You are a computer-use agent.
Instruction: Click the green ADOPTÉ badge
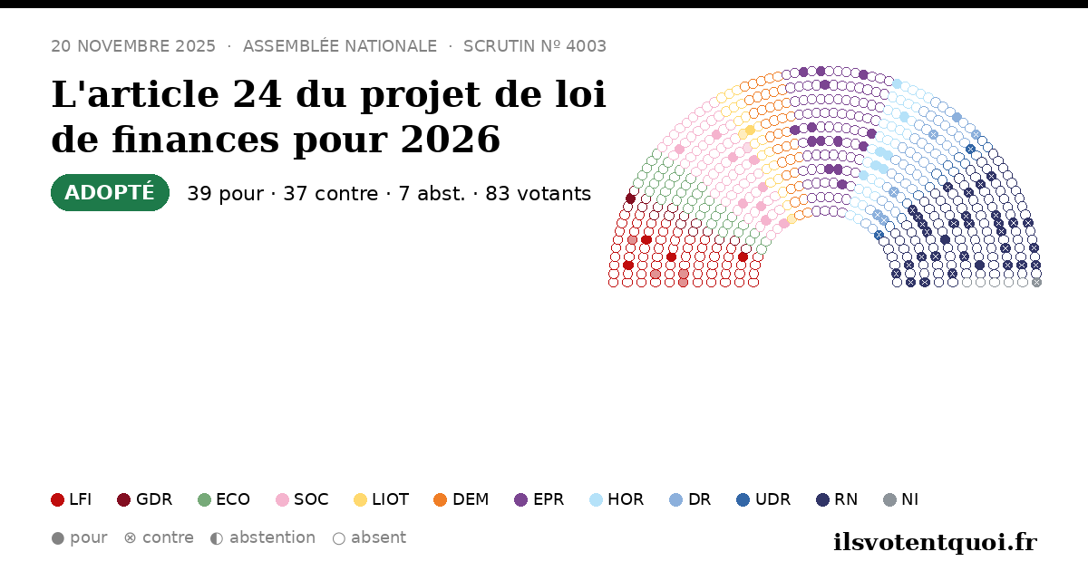(x=111, y=193)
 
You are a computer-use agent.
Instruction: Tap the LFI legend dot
(x=58, y=499)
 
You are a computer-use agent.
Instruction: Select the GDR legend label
(x=154, y=499)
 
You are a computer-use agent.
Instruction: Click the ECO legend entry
(x=224, y=499)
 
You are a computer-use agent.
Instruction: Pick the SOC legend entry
(x=302, y=499)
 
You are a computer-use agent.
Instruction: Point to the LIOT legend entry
(x=382, y=499)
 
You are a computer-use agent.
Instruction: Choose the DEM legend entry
(x=461, y=499)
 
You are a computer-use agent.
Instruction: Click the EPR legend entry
(x=539, y=499)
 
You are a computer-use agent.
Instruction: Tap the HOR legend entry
(x=617, y=499)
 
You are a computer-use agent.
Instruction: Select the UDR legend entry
(x=763, y=499)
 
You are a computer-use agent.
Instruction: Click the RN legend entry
(x=837, y=499)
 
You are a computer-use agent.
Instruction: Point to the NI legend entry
(x=901, y=499)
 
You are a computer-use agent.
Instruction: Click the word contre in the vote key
(x=168, y=538)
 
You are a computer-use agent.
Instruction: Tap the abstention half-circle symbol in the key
(x=217, y=538)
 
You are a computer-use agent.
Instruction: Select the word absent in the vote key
(x=378, y=538)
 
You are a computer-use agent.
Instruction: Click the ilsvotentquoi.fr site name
(x=936, y=542)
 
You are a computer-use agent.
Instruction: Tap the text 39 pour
(x=226, y=194)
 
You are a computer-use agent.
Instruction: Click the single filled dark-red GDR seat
(x=630, y=198)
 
